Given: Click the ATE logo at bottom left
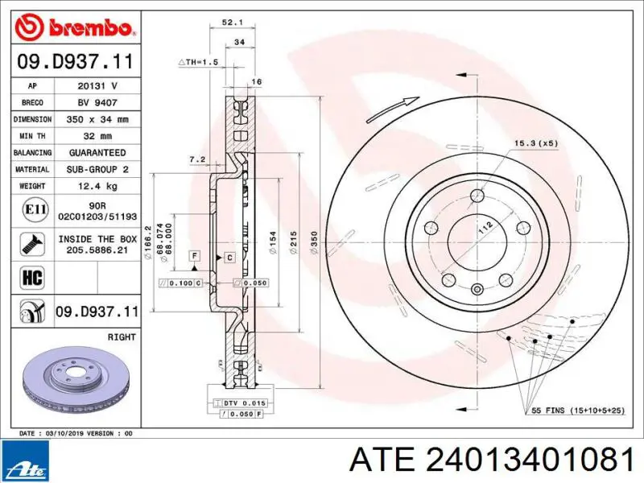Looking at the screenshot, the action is click(25, 460).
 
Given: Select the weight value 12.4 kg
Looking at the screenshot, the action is click(97, 186).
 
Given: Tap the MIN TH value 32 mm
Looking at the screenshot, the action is click(97, 136).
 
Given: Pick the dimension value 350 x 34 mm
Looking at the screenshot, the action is click(97, 119).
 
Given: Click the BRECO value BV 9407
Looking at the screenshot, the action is click(97, 103).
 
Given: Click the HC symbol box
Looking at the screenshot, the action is click(32, 278).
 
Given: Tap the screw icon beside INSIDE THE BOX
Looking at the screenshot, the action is click(32, 245).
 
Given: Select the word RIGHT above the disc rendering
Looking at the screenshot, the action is click(122, 336).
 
